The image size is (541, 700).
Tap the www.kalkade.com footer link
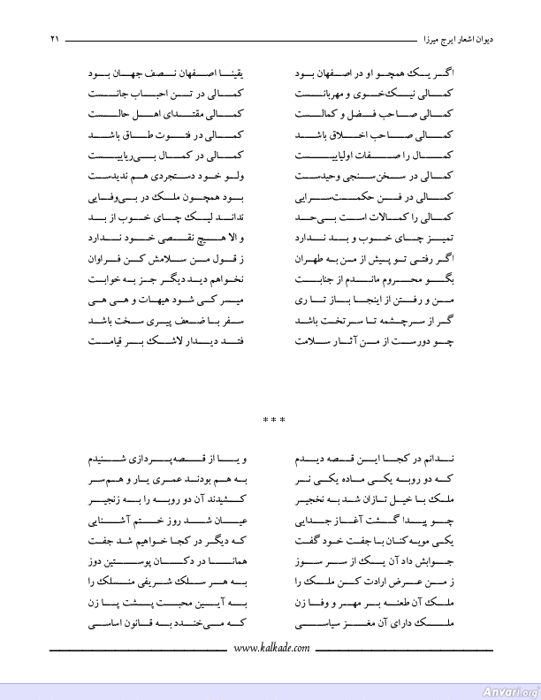[x=271, y=649]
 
